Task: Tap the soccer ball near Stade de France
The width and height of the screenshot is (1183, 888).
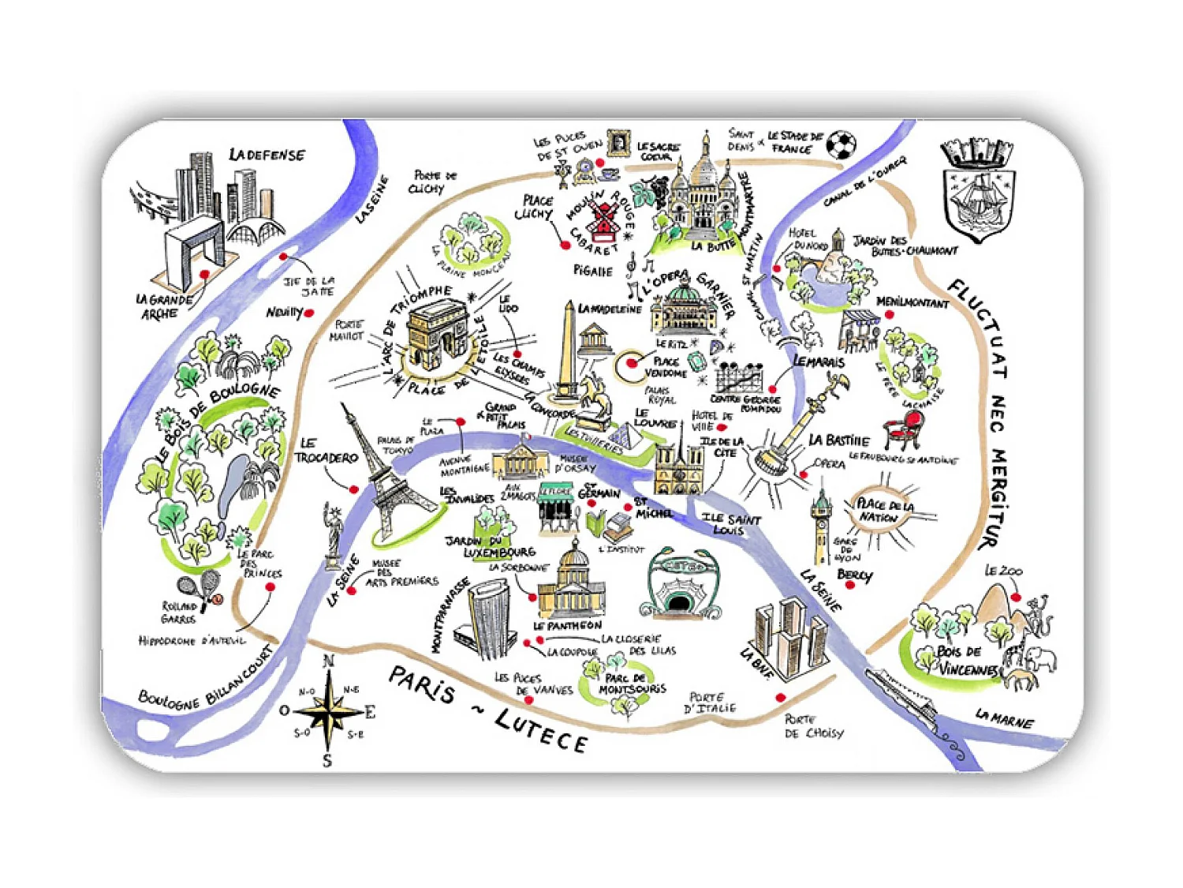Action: click(842, 145)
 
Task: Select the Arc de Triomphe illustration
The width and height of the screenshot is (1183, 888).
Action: click(437, 335)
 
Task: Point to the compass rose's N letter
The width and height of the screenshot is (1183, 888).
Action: click(330, 661)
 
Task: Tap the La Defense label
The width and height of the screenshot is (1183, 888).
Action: click(267, 155)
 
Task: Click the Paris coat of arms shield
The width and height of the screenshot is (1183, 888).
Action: click(979, 190)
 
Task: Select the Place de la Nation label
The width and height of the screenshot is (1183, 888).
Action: click(884, 510)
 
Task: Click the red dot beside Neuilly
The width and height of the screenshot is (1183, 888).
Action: click(309, 313)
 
